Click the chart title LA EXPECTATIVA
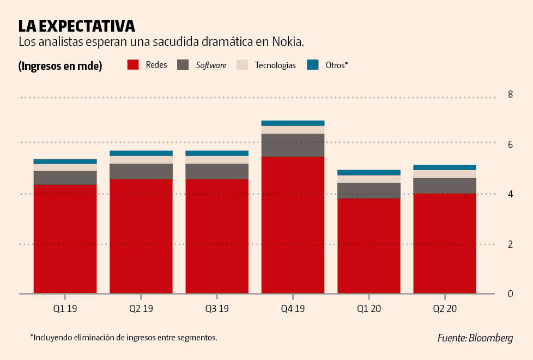tap(76, 26)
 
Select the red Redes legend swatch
tap(134, 65)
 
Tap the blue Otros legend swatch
tap(312, 65)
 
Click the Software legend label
tap(211, 65)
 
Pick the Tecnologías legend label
tap(275, 65)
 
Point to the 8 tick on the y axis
tap(510, 94)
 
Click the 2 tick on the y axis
tap(510, 244)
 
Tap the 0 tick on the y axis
tap(510, 294)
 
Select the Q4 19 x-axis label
tap(293, 309)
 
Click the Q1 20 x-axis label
tap(369, 309)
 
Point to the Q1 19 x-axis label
tap(65, 309)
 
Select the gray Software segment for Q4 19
tap(293, 145)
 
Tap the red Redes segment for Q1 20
tap(369, 245)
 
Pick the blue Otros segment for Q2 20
tap(445, 167)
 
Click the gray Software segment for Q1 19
tap(65, 178)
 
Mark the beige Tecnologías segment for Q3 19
tap(217, 160)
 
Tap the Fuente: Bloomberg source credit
tap(475, 338)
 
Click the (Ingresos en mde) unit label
tap(60, 66)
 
